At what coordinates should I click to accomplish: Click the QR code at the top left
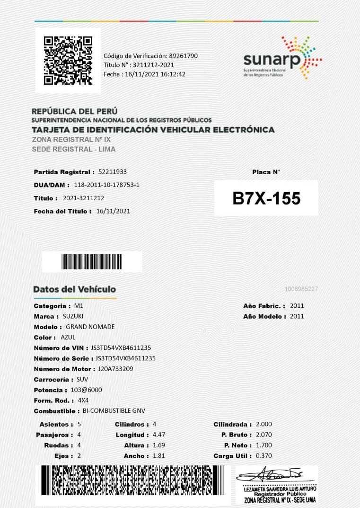68,60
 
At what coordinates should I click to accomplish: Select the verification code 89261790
183,56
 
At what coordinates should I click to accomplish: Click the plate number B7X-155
266,198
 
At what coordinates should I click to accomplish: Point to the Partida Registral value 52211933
113,171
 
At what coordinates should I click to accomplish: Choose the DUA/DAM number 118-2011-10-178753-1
106,185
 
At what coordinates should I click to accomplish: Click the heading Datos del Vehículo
75,289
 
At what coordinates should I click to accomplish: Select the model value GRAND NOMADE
90,327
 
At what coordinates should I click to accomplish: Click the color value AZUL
68,338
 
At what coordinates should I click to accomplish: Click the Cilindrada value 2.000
263,424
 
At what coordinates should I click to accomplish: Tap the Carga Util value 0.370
263,456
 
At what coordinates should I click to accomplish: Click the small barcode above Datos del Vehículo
92,261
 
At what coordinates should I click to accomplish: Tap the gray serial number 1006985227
301,289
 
